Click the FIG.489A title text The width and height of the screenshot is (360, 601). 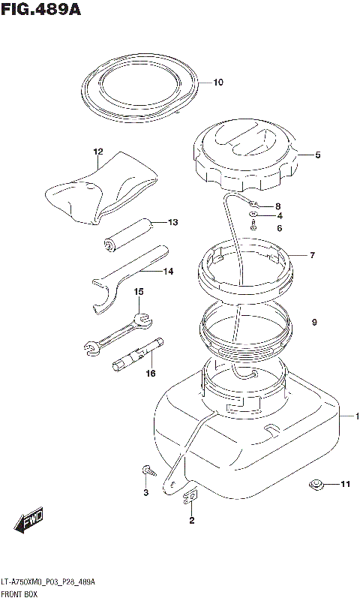pyautogui.click(x=41, y=9)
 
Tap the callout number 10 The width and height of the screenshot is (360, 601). pyautogui.click(x=218, y=83)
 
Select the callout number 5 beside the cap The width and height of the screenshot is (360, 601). pyautogui.click(x=318, y=155)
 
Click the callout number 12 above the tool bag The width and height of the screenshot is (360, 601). pyautogui.click(x=98, y=152)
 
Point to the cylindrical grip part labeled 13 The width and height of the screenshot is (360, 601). pyautogui.click(x=128, y=235)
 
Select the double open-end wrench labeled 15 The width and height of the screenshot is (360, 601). pyautogui.click(x=118, y=331)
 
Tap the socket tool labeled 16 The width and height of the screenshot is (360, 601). pyautogui.click(x=138, y=355)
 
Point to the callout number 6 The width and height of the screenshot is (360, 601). pyautogui.click(x=280, y=228)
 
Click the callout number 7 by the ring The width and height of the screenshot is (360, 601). pyautogui.click(x=313, y=255)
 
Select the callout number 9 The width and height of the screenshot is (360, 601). pyautogui.click(x=314, y=323)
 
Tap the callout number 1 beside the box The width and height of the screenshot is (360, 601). pyautogui.click(x=357, y=416)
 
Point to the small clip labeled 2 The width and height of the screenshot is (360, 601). pyautogui.click(x=190, y=497)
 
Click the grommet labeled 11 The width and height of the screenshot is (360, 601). pyautogui.click(x=316, y=485)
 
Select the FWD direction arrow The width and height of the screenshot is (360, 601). pyautogui.click(x=29, y=521)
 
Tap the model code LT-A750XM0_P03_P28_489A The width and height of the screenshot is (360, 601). pyautogui.click(x=48, y=582)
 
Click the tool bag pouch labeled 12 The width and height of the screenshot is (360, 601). pyautogui.click(x=101, y=188)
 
